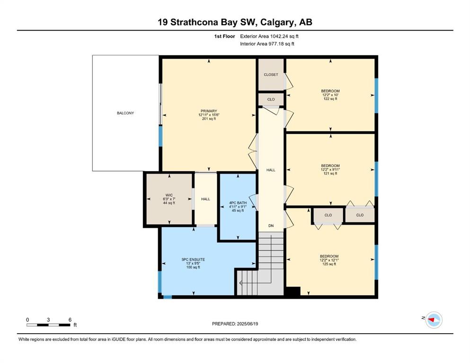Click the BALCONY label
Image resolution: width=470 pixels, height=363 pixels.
[125, 113]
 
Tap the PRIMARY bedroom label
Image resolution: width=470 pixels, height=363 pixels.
[209, 111]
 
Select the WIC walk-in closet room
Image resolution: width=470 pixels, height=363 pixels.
[169, 199]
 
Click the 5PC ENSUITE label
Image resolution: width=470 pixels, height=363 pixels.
[193, 259]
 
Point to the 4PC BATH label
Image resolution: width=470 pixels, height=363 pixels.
[238, 203]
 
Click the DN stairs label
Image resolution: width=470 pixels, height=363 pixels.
[271, 225]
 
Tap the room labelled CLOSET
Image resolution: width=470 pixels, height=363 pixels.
[271, 75]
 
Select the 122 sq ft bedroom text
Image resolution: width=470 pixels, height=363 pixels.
[330, 99]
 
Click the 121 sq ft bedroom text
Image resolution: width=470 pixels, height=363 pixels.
[330, 173]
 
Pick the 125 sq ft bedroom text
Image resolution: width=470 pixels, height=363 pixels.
[329, 264]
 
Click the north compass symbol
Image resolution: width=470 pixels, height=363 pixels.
[434, 320]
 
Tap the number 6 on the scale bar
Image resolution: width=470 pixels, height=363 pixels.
[70, 320]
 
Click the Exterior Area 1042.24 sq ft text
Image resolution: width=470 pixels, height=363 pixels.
[269, 36]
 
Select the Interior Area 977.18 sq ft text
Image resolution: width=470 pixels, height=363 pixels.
[267, 43]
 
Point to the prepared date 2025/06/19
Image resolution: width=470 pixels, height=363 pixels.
[247, 324]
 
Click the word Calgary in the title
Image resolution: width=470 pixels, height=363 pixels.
[277, 22]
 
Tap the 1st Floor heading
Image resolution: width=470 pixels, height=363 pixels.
[224, 36]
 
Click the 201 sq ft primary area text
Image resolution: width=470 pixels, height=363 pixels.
[209, 119]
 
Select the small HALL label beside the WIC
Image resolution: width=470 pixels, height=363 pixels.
[205, 199]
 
